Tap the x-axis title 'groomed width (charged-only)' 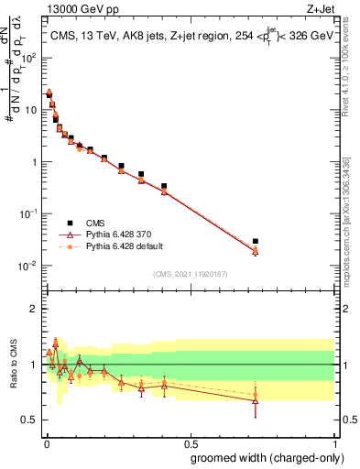(x=262, y=457)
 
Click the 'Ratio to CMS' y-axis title (x=13, y=365)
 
